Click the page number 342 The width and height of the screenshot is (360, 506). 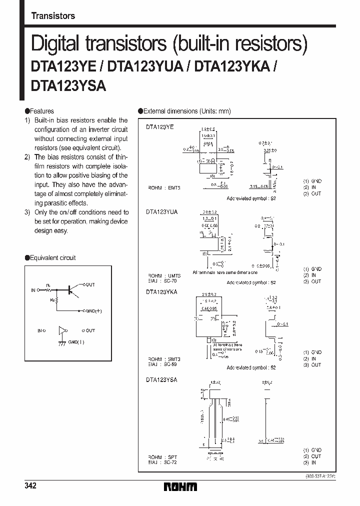29,486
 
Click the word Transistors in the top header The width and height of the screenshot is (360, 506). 53,15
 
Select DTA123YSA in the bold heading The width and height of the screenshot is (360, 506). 68,85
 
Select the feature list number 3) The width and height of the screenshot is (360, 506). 27,212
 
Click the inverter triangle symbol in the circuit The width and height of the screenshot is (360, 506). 62,330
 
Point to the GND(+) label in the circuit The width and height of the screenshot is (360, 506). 93,310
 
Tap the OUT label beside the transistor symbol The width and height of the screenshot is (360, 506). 89,284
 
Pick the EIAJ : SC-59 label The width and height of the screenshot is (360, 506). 162,364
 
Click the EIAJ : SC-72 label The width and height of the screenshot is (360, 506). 162,462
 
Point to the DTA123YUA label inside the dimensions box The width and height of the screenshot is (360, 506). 161,212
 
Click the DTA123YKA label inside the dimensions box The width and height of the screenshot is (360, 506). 161,291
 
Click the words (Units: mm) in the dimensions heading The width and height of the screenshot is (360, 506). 215,111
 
